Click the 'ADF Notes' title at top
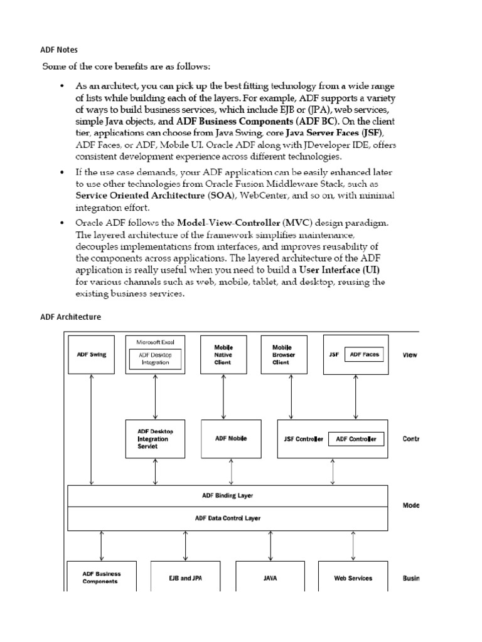[x=60, y=49]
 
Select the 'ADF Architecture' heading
[x=70, y=317]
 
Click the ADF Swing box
[x=92, y=355]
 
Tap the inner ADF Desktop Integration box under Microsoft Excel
[x=154, y=359]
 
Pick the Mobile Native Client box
[x=223, y=355]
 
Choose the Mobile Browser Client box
[x=284, y=355]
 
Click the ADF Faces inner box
[x=364, y=355]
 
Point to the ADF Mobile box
[x=231, y=439]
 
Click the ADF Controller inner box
[x=356, y=439]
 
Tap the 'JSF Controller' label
[x=303, y=439]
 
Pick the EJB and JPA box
[x=185, y=578]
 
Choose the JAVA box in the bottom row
[x=270, y=578]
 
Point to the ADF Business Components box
[x=102, y=577]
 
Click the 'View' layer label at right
[x=410, y=355]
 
